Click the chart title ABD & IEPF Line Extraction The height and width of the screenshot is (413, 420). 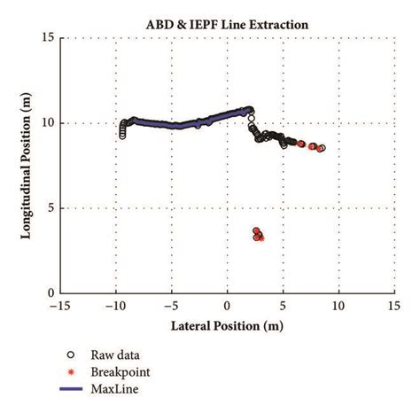pos(228,24)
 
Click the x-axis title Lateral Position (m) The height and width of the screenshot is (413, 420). pos(228,325)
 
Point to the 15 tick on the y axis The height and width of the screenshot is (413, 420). pos(49,38)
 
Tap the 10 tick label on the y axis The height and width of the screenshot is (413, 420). pos(49,123)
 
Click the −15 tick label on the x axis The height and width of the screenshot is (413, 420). pos(59,306)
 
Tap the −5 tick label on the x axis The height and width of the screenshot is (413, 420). pos(172,306)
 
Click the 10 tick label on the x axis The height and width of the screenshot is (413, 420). pos(338,306)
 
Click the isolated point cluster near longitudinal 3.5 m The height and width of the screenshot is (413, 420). pos(258,235)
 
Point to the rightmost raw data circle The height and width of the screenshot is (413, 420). pos(322,149)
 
